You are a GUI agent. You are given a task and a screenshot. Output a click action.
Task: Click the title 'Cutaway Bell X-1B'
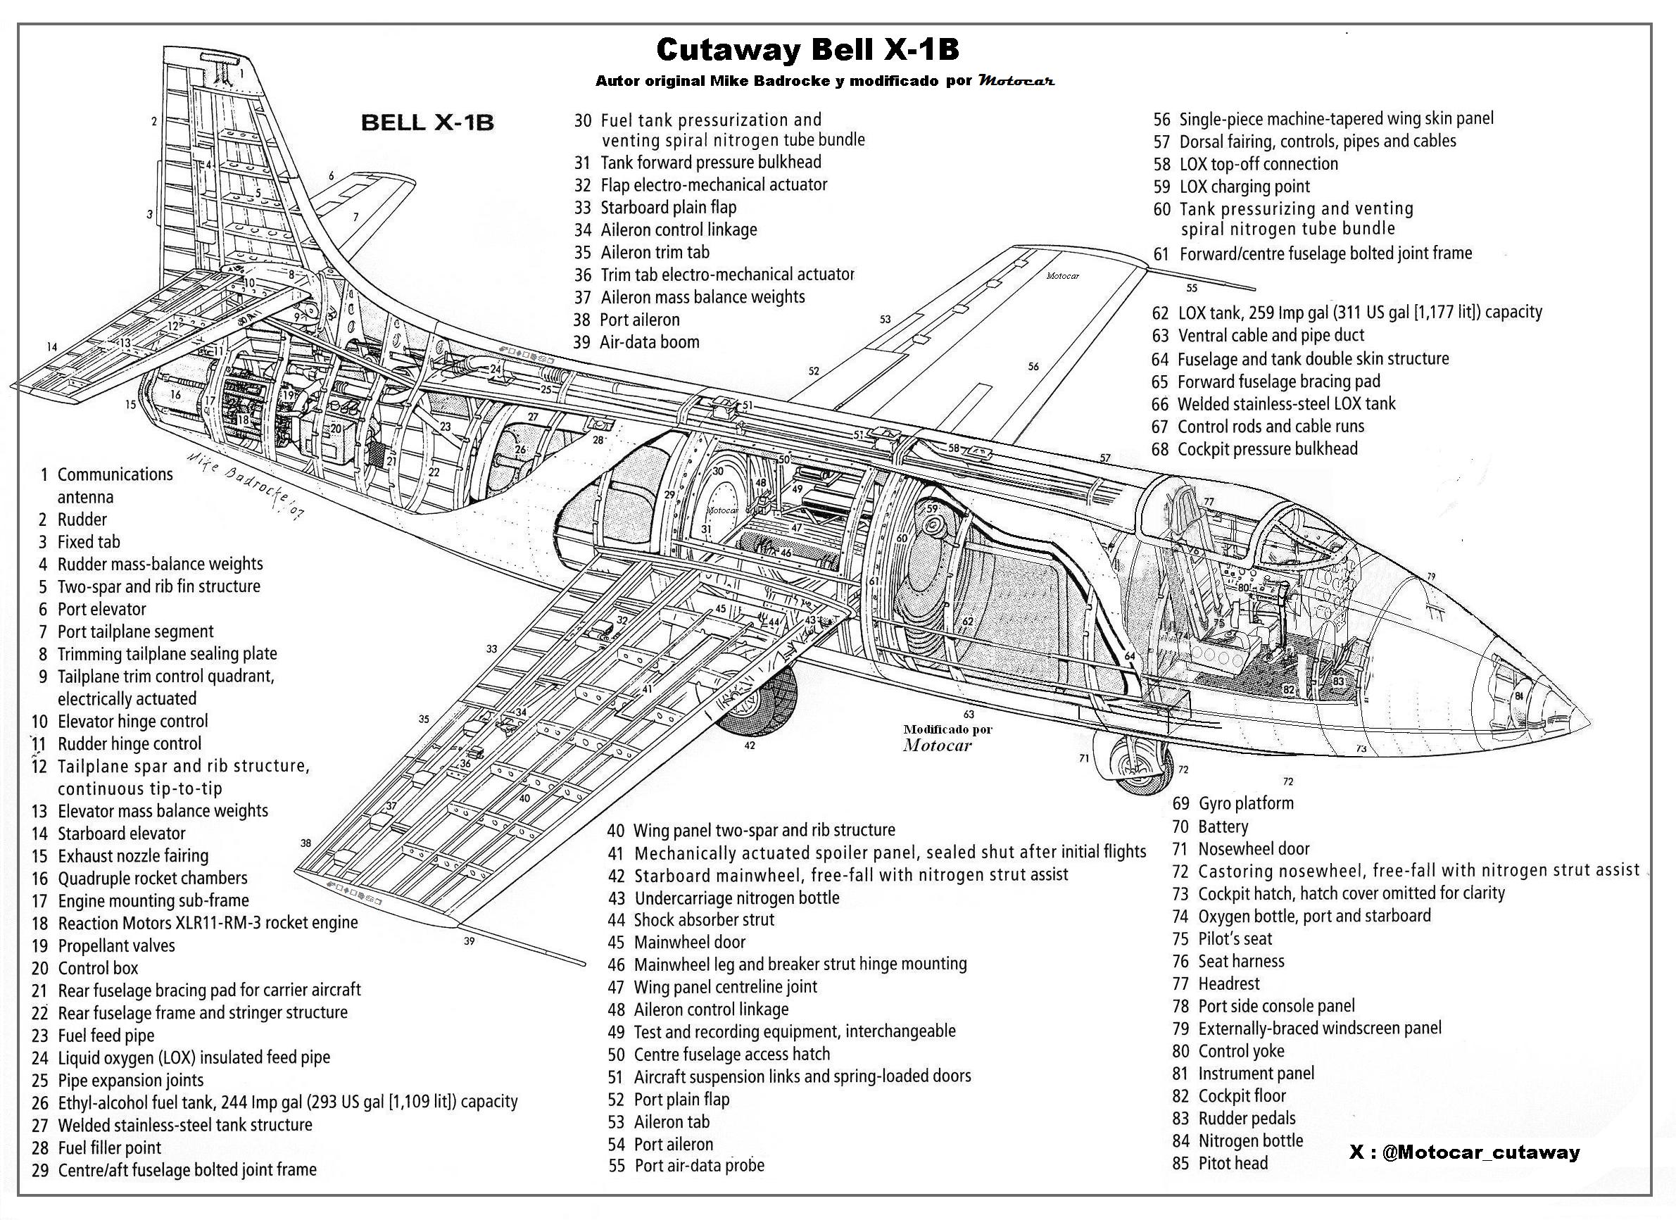[x=807, y=50]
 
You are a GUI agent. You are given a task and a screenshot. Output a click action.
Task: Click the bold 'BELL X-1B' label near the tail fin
[x=427, y=122]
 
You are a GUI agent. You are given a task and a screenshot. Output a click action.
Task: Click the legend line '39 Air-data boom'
[x=636, y=342]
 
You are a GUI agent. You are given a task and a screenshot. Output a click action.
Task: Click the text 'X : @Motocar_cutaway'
[x=1464, y=1152]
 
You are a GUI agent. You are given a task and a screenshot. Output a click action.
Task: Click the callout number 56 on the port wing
[x=1033, y=366]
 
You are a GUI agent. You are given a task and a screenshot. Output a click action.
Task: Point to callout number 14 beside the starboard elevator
[x=51, y=346]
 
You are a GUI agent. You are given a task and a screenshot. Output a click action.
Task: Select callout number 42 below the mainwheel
[x=750, y=746]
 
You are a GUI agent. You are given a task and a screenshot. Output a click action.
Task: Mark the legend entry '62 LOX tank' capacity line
[x=1347, y=312]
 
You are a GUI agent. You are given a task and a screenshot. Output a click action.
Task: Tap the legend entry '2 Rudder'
[x=73, y=520]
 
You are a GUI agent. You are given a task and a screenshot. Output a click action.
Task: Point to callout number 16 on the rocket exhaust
[x=175, y=395]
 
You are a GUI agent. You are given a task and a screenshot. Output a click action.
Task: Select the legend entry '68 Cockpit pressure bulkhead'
[x=1254, y=448]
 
